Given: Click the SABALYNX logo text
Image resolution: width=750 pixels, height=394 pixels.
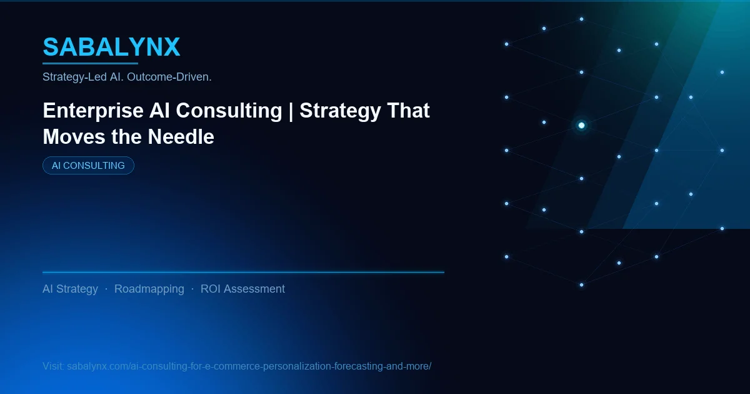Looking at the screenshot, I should [111, 47].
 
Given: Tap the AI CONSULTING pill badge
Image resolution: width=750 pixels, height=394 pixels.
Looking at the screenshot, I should [88, 166].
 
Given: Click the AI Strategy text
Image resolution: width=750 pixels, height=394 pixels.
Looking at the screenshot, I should [70, 289].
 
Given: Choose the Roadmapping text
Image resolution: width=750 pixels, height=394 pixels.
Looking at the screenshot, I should [149, 289].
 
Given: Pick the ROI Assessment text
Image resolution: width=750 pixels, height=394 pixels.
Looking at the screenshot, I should [242, 289].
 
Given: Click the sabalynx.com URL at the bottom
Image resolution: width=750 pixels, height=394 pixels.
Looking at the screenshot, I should [249, 366].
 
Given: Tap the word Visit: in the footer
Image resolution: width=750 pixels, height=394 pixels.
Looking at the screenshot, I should [53, 366].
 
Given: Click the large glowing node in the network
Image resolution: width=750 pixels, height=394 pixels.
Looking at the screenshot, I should [581, 126].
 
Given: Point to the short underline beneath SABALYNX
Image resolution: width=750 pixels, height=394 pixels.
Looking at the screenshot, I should [90, 63].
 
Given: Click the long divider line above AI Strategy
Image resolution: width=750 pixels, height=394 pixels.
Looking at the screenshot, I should [243, 272].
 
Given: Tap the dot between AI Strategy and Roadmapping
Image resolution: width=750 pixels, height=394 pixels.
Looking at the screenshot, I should [106, 289].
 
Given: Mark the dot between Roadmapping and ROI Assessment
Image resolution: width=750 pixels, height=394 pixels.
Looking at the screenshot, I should [192, 289].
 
